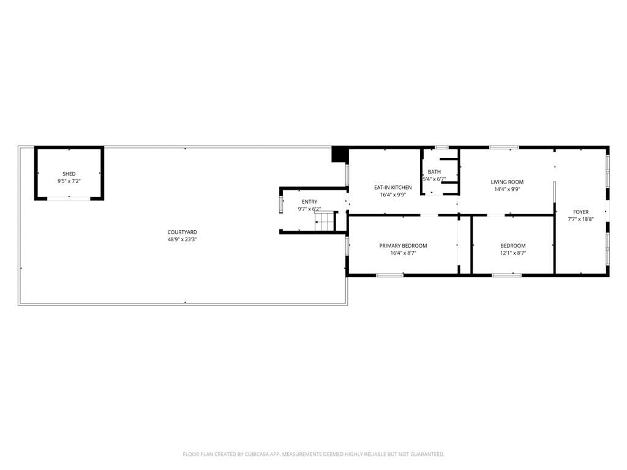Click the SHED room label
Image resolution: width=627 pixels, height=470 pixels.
(x=69, y=174)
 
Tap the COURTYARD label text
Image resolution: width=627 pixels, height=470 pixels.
(x=182, y=232)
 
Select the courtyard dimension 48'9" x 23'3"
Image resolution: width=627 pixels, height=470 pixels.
(x=182, y=239)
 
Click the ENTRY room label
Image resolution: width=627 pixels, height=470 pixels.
(x=309, y=202)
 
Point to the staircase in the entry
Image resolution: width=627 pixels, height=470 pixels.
(x=326, y=221)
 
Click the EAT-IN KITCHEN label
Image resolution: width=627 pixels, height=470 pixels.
(x=393, y=187)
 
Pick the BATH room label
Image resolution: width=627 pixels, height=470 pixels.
(x=434, y=172)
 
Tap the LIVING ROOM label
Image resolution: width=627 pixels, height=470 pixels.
(x=507, y=182)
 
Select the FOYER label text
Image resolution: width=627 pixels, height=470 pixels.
(x=580, y=212)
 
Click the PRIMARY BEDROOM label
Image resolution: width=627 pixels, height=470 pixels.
(x=403, y=245)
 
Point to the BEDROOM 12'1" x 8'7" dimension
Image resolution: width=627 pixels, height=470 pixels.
(x=513, y=253)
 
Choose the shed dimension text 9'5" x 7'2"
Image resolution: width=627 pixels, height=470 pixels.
(x=69, y=181)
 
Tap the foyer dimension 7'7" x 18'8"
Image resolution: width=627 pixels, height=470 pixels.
(x=580, y=219)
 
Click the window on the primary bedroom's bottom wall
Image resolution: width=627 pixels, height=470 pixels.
(x=389, y=275)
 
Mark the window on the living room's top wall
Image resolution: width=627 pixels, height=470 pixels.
(x=504, y=147)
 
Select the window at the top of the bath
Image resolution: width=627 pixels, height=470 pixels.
(x=441, y=147)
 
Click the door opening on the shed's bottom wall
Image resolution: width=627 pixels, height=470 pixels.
(x=69, y=198)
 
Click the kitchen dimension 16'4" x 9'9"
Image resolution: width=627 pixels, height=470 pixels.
(x=393, y=195)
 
